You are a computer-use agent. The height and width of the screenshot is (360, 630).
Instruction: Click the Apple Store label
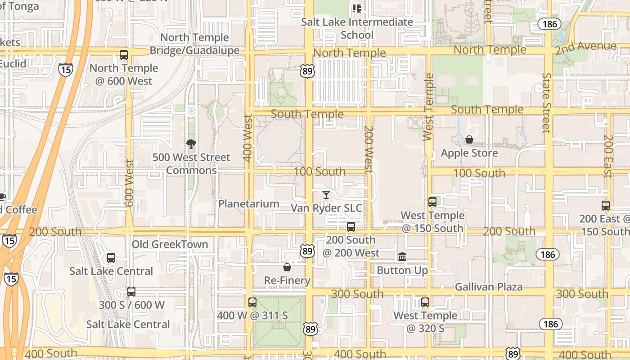click(x=469, y=153)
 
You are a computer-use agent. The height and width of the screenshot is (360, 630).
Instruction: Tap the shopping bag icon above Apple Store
click(x=469, y=139)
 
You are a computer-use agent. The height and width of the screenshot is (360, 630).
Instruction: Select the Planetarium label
click(x=249, y=204)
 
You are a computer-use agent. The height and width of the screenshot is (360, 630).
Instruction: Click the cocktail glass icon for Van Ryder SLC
click(x=326, y=194)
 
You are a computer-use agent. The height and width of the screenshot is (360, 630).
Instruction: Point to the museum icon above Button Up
click(x=402, y=256)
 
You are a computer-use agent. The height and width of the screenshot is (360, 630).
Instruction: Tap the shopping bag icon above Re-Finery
click(x=287, y=267)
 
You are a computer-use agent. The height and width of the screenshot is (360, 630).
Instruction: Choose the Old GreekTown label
click(x=170, y=244)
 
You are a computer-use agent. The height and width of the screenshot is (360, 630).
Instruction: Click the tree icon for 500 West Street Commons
click(x=191, y=144)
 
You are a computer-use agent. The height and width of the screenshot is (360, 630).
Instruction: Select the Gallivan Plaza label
click(x=489, y=287)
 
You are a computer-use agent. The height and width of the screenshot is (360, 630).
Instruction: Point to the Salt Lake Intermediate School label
click(x=357, y=28)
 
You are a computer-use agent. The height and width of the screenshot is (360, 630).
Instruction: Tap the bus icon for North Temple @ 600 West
click(x=124, y=55)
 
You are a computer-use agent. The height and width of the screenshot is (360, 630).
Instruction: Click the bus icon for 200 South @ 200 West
click(x=351, y=227)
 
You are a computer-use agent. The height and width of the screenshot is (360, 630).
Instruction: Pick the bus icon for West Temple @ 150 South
click(x=432, y=202)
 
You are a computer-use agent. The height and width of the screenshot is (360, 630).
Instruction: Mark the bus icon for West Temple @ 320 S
click(x=425, y=302)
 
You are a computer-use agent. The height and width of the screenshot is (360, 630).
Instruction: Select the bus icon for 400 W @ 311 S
click(x=252, y=302)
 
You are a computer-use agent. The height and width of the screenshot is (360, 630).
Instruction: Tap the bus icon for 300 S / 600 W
click(x=131, y=292)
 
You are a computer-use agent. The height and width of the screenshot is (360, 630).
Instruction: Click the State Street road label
click(x=547, y=103)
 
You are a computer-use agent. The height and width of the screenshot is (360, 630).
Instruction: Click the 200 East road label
click(x=608, y=156)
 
